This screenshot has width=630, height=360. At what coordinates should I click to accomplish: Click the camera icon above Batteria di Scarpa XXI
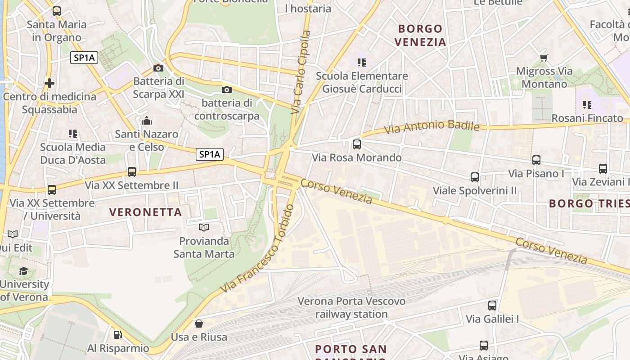[158, 68]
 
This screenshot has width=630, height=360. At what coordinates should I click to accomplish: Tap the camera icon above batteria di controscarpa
[227, 90]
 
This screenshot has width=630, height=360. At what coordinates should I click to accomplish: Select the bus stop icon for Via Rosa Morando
[357, 144]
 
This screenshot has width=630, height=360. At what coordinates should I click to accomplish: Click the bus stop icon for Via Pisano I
[536, 160]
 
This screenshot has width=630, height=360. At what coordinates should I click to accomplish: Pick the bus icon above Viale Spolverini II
[475, 177]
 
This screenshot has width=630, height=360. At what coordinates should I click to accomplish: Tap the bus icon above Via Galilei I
[492, 306]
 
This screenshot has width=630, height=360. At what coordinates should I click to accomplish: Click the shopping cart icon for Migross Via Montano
[544, 58]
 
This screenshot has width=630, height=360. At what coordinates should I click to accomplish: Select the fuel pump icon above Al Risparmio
[117, 335]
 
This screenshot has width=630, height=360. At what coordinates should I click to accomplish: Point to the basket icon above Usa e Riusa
[198, 324]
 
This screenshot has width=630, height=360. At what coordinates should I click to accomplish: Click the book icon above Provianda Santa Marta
[204, 228]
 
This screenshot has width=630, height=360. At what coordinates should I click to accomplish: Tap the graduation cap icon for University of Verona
[23, 271]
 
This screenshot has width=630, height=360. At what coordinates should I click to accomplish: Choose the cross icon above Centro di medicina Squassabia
[49, 83]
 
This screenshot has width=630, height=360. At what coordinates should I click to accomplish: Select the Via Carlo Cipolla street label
[301, 72]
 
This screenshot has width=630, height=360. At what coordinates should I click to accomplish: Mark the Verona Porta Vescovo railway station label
[351, 307]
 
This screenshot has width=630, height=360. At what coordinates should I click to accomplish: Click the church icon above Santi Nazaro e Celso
[147, 121]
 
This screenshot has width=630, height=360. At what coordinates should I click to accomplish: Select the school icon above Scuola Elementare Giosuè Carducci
[362, 62]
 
